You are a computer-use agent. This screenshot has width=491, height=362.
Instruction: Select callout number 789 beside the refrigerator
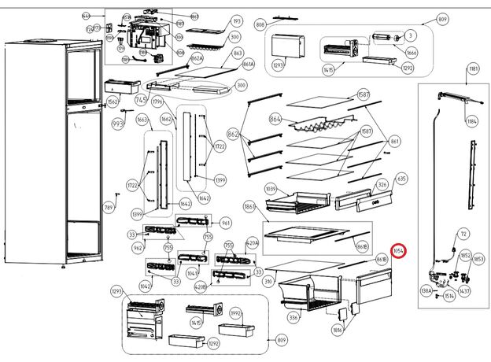click(109, 208)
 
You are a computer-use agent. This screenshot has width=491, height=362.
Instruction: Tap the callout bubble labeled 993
click(118, 124)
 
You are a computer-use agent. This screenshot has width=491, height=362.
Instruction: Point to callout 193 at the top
click(236, 20)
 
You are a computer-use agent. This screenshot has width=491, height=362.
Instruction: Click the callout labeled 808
click(260, 25)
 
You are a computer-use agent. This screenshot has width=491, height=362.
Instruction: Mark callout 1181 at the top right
click(473, 70)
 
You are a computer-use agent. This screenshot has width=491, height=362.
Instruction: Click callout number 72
click(463, 235)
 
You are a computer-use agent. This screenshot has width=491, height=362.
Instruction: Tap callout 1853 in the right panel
click(478, 259)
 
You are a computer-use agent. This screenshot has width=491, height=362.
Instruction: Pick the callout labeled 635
click(401, 179)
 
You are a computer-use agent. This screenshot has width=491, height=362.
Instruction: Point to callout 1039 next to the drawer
click(271, 189)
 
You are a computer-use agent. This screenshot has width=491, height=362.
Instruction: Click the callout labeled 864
click(275, 119)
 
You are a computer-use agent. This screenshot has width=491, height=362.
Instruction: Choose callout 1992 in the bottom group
click(235, 312)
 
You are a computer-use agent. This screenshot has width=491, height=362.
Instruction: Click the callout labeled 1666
click(412, 52)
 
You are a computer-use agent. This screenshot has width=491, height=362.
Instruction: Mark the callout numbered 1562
click(113, 102)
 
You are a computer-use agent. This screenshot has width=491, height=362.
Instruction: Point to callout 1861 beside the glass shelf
click(250, 205)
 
